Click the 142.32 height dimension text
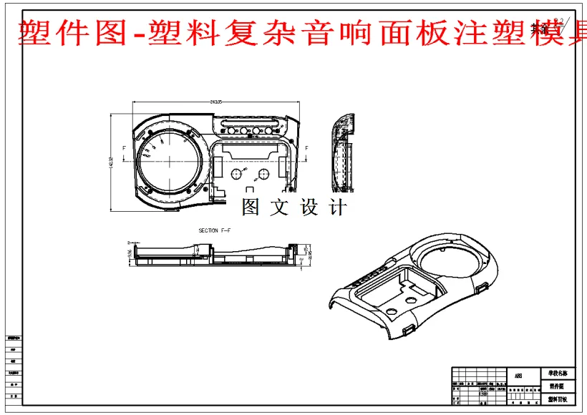[x=111, y=163]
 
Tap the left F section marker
[x=125, y=147]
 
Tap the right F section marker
[x=307, y=147]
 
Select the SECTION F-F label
[x=218, y=230]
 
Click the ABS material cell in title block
[x=518, y=374]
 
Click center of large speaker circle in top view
[x=170, y=162]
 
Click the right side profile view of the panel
[x=344, y=153]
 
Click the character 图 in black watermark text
[x=251, y=207]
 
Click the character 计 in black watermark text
[x=337, y=207]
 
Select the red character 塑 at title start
[x=32, y=32]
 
